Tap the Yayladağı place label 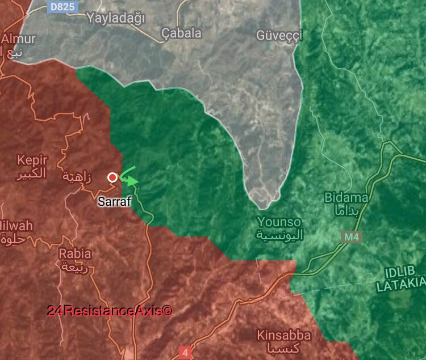point(115,18)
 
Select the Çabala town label point(181,33)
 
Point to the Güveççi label point(279,35)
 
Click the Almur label point(18,39)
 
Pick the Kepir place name point(32,160)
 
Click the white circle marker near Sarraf point(112,177)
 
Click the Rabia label point(75,253)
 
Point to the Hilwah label point(15,226)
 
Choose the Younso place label point(279,221)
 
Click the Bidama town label point(346,198)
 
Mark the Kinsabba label point(283,335)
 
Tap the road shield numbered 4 point(185,353)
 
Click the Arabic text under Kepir point(32,173)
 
